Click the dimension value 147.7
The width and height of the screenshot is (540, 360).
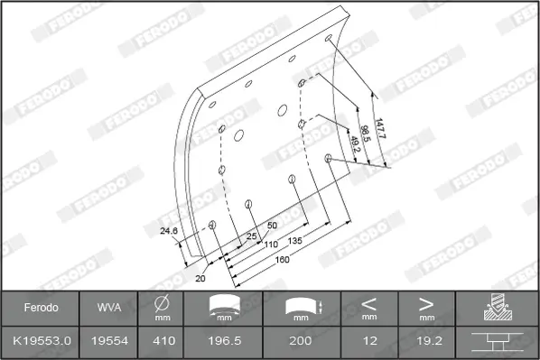tap(379, 128)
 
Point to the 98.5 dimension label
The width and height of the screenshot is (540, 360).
tap(365, 134)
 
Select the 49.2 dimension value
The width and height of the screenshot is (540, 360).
tap(355, 144)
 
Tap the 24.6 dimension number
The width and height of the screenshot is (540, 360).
tap(169, 231)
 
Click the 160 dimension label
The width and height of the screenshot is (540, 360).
tap(283, 260)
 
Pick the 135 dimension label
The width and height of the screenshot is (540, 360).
tap(294, 241)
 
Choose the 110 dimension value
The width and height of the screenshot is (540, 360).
tap(271, 245)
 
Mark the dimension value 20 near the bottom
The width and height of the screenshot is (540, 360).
tap(200, 278)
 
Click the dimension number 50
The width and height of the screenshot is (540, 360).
tap(272, 226)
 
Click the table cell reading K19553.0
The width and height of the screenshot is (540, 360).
tap(42, 341)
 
